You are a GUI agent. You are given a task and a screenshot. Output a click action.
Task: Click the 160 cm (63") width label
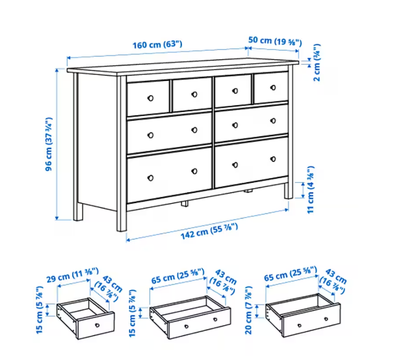(158, 44)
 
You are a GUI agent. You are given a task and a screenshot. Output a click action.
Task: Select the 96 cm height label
(48, 144)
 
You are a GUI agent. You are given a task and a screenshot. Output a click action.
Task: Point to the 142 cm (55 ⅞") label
(209, 232)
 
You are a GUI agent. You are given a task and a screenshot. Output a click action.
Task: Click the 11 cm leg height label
(310, 189)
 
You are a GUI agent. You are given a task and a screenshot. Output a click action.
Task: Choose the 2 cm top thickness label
(317, 63)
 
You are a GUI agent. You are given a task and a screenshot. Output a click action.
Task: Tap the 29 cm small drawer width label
(72, 275)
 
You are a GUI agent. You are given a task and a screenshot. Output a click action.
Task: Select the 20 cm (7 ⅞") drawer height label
(248, 310)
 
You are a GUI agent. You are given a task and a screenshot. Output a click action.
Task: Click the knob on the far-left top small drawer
(150, 98)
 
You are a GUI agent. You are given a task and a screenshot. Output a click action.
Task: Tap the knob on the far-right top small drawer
(273, 88)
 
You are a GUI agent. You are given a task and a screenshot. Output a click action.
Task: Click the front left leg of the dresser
(122, 154)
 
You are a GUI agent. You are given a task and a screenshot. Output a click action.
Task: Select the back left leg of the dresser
(77, 147)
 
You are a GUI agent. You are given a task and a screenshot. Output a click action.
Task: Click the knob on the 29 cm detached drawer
(97, 325)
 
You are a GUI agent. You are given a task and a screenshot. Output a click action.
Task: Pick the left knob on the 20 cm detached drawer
(300, 326)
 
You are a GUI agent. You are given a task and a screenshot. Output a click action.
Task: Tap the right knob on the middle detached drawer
(215, 320)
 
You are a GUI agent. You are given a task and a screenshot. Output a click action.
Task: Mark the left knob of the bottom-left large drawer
(150, 178)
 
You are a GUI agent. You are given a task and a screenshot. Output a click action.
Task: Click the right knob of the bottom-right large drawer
(273, 159)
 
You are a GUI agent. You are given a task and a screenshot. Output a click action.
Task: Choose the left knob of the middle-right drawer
(235, 125)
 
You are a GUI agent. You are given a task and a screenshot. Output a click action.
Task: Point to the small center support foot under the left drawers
(184, 203)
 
